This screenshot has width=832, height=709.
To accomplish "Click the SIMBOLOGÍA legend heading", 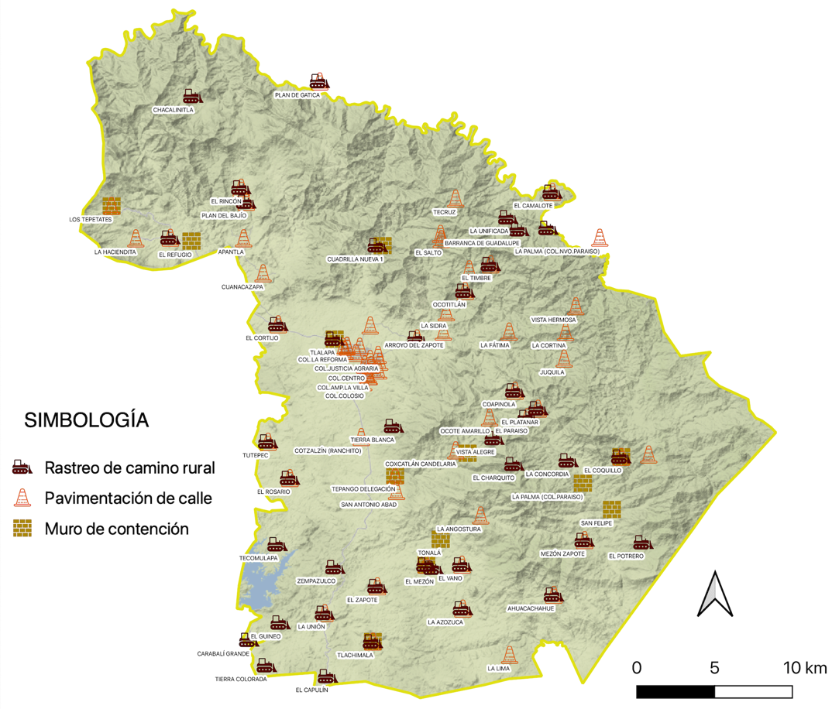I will [87, 420].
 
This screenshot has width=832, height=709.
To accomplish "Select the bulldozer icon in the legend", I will [22, 468].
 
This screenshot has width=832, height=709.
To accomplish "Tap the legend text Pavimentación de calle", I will [128, 498].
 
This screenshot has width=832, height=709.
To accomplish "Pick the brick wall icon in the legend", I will [22, 529].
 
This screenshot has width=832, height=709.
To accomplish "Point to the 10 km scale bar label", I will [804, 667].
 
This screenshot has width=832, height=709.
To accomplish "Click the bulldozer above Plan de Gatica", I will [318, 81].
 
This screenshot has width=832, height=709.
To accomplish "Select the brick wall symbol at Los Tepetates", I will [112, 206].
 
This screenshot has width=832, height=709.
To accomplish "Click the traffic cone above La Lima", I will [509, 655].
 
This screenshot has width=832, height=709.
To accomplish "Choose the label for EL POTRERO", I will [626, 556].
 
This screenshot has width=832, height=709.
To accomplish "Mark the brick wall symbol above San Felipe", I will [612, 509].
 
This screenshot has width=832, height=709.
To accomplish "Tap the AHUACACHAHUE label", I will [531, 608].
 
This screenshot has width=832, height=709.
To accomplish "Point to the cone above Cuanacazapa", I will [263, 273].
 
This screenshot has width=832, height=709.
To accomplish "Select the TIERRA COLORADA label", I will [241, 679].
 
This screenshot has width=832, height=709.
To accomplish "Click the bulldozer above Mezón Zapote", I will [583, 540].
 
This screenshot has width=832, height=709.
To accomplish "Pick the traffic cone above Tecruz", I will [456, 199].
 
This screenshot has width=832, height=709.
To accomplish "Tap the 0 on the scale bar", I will [637, 667].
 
